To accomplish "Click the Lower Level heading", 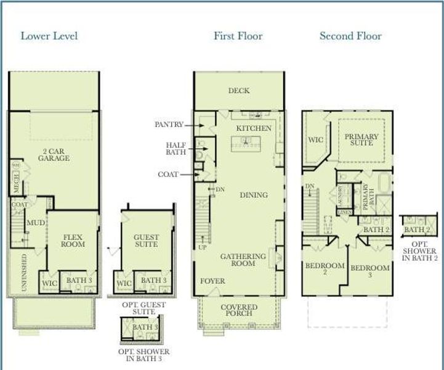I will pos(49,35).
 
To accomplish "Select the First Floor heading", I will pos(238,35).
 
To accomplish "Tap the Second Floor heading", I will pos(350,35).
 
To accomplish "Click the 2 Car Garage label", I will pos(54,154).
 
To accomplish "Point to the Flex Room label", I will pos(73,240).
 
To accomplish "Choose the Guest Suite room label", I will pos(146,240).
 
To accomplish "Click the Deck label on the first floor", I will pos(239,91).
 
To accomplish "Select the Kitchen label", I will pos(254,128).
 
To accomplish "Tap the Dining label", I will pos(254,195).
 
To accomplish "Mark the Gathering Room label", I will pos(243,260).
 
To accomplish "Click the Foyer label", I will pos(212,281).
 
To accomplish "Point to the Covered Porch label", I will pos(239,310).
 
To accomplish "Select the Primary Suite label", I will pos(361,140).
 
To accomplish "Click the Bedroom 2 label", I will pos(325,269).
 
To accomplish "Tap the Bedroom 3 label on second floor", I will pos(369,271).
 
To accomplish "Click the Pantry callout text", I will pos(169,124).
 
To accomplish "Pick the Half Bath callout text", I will pos(176,149).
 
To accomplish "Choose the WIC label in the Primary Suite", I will pos(315,140).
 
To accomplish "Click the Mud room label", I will pos(35,222).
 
